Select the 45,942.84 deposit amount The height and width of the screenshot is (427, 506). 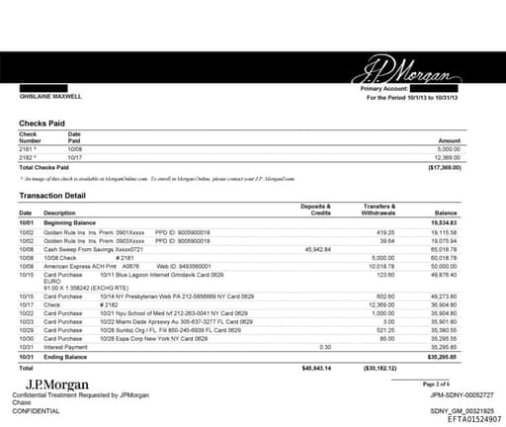click(x=321, y=249)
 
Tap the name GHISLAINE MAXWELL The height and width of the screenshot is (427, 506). click(x=51, y=97)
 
